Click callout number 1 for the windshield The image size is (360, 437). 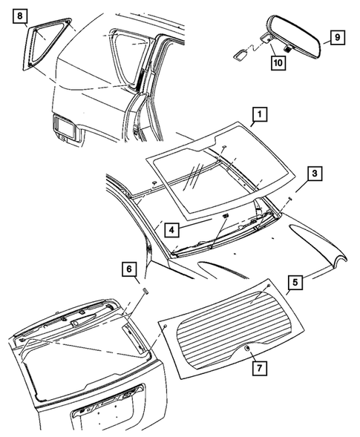pyautogui.click(x=259, y=114)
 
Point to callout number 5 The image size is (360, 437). pyautogui.click(x=295, y=282)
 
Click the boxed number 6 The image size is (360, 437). pyautogui.click(x=128, y=269)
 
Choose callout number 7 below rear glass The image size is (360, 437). pyautogui.click(x=257, y=368)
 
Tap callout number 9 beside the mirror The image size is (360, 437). pyautogui.click(x=336, y=36)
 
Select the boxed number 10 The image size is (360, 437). pyautogui.click(x=278, y=65)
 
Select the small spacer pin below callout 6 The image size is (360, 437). pyautogui.click(x=145, y=290)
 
